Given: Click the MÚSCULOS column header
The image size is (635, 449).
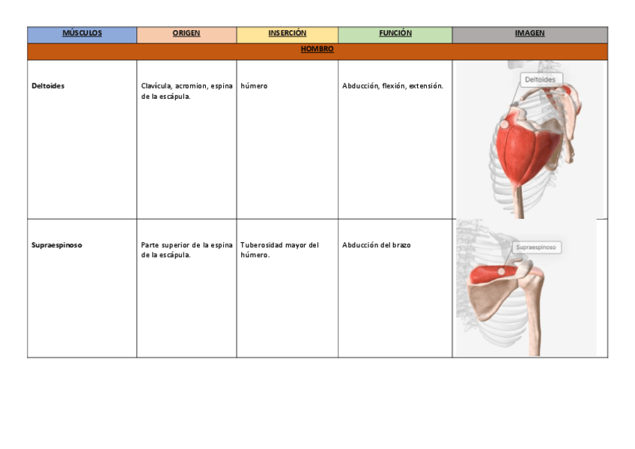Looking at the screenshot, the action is [82, 33].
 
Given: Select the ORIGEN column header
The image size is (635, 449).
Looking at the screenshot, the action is [186, 33].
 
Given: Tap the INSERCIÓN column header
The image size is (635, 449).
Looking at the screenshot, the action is [288, 33].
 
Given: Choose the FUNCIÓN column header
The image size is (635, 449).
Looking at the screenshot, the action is [395, 33].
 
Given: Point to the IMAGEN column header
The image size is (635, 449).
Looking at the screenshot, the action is [529, 33].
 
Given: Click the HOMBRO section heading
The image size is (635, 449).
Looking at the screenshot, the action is [317, 49].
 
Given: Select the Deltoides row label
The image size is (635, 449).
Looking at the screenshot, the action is [48, 86].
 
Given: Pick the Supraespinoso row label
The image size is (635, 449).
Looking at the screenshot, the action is [57, 245].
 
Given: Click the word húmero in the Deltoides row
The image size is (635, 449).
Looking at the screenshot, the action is [254, 86].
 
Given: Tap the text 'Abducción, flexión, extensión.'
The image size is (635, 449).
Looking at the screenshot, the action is [392, 86].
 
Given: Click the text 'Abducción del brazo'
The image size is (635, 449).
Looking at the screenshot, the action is [377, 245].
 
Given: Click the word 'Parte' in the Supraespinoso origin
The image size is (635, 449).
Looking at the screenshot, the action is [151, 245].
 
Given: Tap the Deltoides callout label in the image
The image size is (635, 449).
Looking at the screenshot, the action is [540, 79].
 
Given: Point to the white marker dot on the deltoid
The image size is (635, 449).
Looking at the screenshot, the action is [505, 122].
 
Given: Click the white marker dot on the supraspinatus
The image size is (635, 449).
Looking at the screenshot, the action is [502, 271].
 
